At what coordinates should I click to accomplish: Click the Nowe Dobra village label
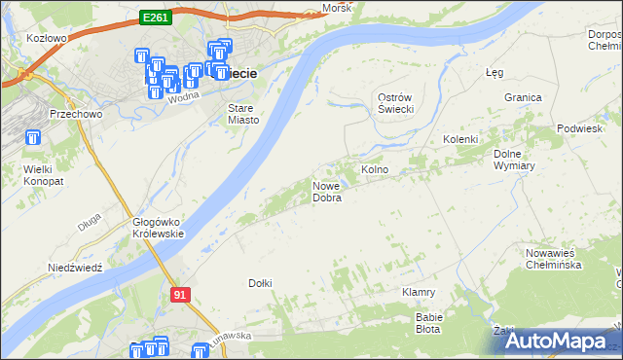(326, 192)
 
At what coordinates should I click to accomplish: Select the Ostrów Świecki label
(396, 102)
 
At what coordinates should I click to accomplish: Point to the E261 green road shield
(154, 17)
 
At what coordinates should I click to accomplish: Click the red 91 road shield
(180, 293)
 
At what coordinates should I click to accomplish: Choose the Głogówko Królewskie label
(158, 228)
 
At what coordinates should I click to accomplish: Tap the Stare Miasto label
(243, 114)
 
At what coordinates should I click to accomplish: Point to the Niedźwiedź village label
(75, 266)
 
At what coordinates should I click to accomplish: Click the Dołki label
(260, 283)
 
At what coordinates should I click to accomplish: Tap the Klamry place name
(418, 292)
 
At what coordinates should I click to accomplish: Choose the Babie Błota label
(429, 322)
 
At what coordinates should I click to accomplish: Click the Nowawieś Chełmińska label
(553, 259)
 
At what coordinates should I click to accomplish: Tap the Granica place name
(523, 97)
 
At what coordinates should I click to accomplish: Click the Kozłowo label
(47, 38)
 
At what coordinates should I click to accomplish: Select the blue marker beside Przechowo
(34, 138)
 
